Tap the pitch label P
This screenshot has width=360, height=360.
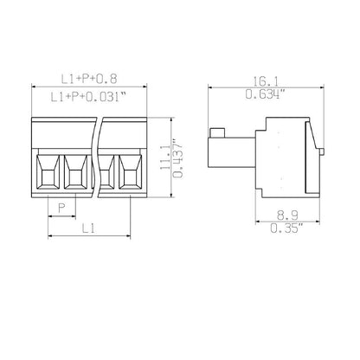60,207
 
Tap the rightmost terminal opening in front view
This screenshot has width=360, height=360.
131,170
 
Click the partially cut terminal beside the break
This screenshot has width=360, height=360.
107,170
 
